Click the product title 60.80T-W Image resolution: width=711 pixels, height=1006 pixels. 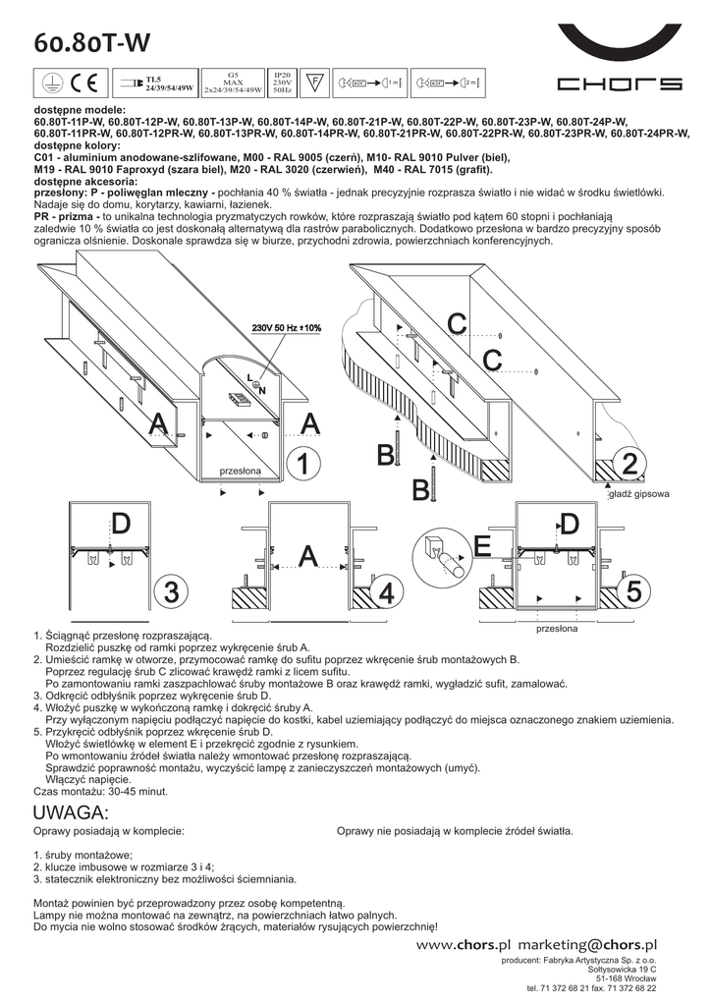[91, 42]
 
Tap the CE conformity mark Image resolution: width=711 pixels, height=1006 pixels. [82, 82]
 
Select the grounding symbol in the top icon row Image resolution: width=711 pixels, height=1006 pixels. [50, 82]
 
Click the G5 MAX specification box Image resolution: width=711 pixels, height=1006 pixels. [233, 82]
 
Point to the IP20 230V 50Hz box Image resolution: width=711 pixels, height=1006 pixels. [282, 82]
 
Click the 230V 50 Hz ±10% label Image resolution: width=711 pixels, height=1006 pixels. [286, 327]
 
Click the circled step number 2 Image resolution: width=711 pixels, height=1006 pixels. [629, 463]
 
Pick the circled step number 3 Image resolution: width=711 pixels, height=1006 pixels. [199, 592]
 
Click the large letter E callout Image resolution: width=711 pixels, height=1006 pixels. [482, 546]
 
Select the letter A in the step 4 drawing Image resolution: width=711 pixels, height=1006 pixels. [308, 556]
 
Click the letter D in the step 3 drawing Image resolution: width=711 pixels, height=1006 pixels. [120, 525]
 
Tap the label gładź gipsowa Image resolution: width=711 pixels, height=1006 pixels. [638, 495]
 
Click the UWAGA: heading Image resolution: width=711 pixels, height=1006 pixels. [70, 812]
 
